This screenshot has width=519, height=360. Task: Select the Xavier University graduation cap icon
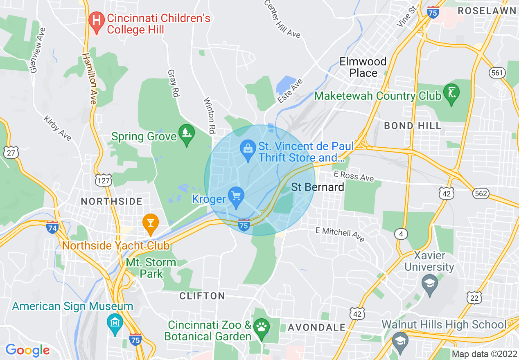pos(429,284)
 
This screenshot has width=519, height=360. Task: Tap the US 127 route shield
pos(102,180)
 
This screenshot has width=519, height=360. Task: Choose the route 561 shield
pos(497,73)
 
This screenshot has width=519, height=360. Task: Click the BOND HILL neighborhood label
pos(413,126)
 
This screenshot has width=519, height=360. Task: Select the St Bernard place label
pos(318,187)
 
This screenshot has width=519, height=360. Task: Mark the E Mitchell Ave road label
pos(340,234)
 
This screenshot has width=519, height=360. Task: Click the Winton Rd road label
pos(209,116)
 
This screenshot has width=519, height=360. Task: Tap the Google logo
pos(27,350)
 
